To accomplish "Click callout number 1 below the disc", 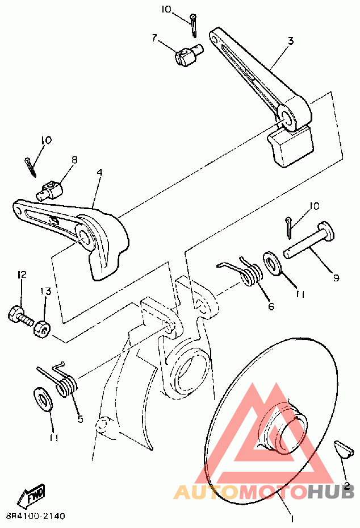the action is click(292, 519).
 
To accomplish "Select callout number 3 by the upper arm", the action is click(290, 41).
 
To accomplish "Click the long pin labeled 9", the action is click(309, 241).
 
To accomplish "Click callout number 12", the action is click(22, 276).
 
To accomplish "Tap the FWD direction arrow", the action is click(32, 496).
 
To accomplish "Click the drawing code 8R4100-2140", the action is click(35, 517).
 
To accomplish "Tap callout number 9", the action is click(336, 278).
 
